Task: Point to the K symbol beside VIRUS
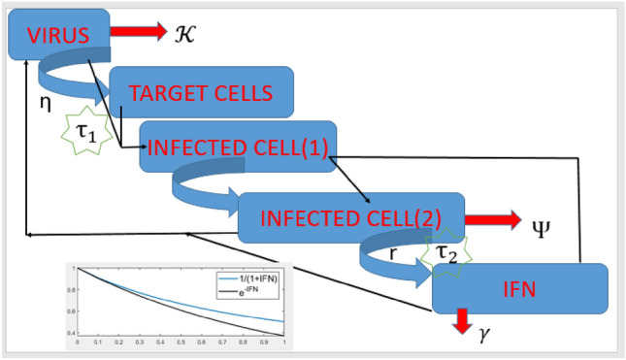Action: pos(185,33)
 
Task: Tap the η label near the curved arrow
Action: pos(45,99)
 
